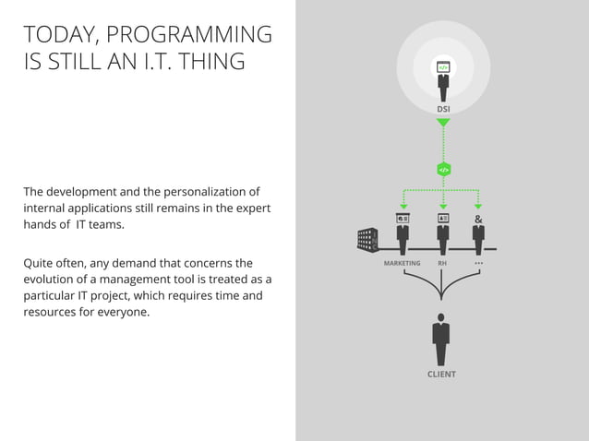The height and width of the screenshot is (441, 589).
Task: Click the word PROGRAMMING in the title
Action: (x=189, y=35)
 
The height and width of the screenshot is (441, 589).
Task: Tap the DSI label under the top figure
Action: (x=443, y=110)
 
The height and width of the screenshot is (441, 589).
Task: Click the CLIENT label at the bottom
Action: (x=441, y=375)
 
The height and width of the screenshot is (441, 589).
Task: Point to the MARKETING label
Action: (x=402, y=264)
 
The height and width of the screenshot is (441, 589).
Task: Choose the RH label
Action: (x=442, y=264)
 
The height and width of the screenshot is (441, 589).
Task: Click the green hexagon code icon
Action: (x=443, y=170)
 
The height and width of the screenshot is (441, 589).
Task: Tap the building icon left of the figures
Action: (x=368, y=239)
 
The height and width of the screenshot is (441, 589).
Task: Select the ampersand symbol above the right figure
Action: (x=477, y=220)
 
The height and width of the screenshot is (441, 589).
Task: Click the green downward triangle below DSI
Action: (x=443, y=123)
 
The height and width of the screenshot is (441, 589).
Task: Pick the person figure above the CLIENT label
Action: (x=441, y=340)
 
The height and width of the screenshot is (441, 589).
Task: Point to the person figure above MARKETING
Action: (x=403, y=237)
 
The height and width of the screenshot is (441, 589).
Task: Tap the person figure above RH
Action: (x=443, y=237)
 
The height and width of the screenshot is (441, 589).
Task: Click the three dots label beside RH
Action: (x=478, y=264)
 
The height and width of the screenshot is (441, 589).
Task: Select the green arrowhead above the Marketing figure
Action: (x=403, y=207)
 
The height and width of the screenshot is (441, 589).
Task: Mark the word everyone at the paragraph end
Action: (x=119, y=312)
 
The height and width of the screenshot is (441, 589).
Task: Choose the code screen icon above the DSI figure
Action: (x=443, y=67)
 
